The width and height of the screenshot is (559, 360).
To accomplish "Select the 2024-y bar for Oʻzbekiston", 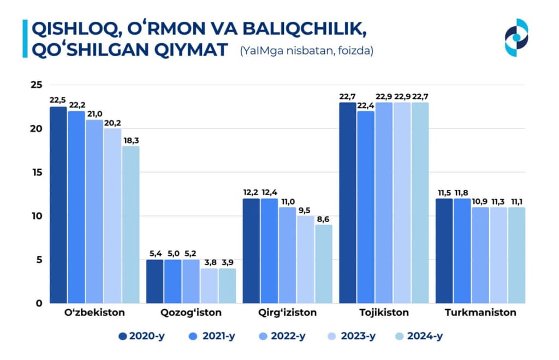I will (130, 224).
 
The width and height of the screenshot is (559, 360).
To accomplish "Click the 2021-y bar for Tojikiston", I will (366, 207).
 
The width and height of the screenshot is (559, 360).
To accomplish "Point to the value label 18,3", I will (130, 140).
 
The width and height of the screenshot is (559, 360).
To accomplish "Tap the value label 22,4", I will (366, 105).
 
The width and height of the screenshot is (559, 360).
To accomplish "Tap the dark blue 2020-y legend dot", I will (123, 336).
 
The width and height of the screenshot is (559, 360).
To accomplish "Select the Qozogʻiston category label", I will (191, 313).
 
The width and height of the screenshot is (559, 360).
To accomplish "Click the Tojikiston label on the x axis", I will (384, 313).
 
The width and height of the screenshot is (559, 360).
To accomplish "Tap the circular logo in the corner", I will (516, 37).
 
